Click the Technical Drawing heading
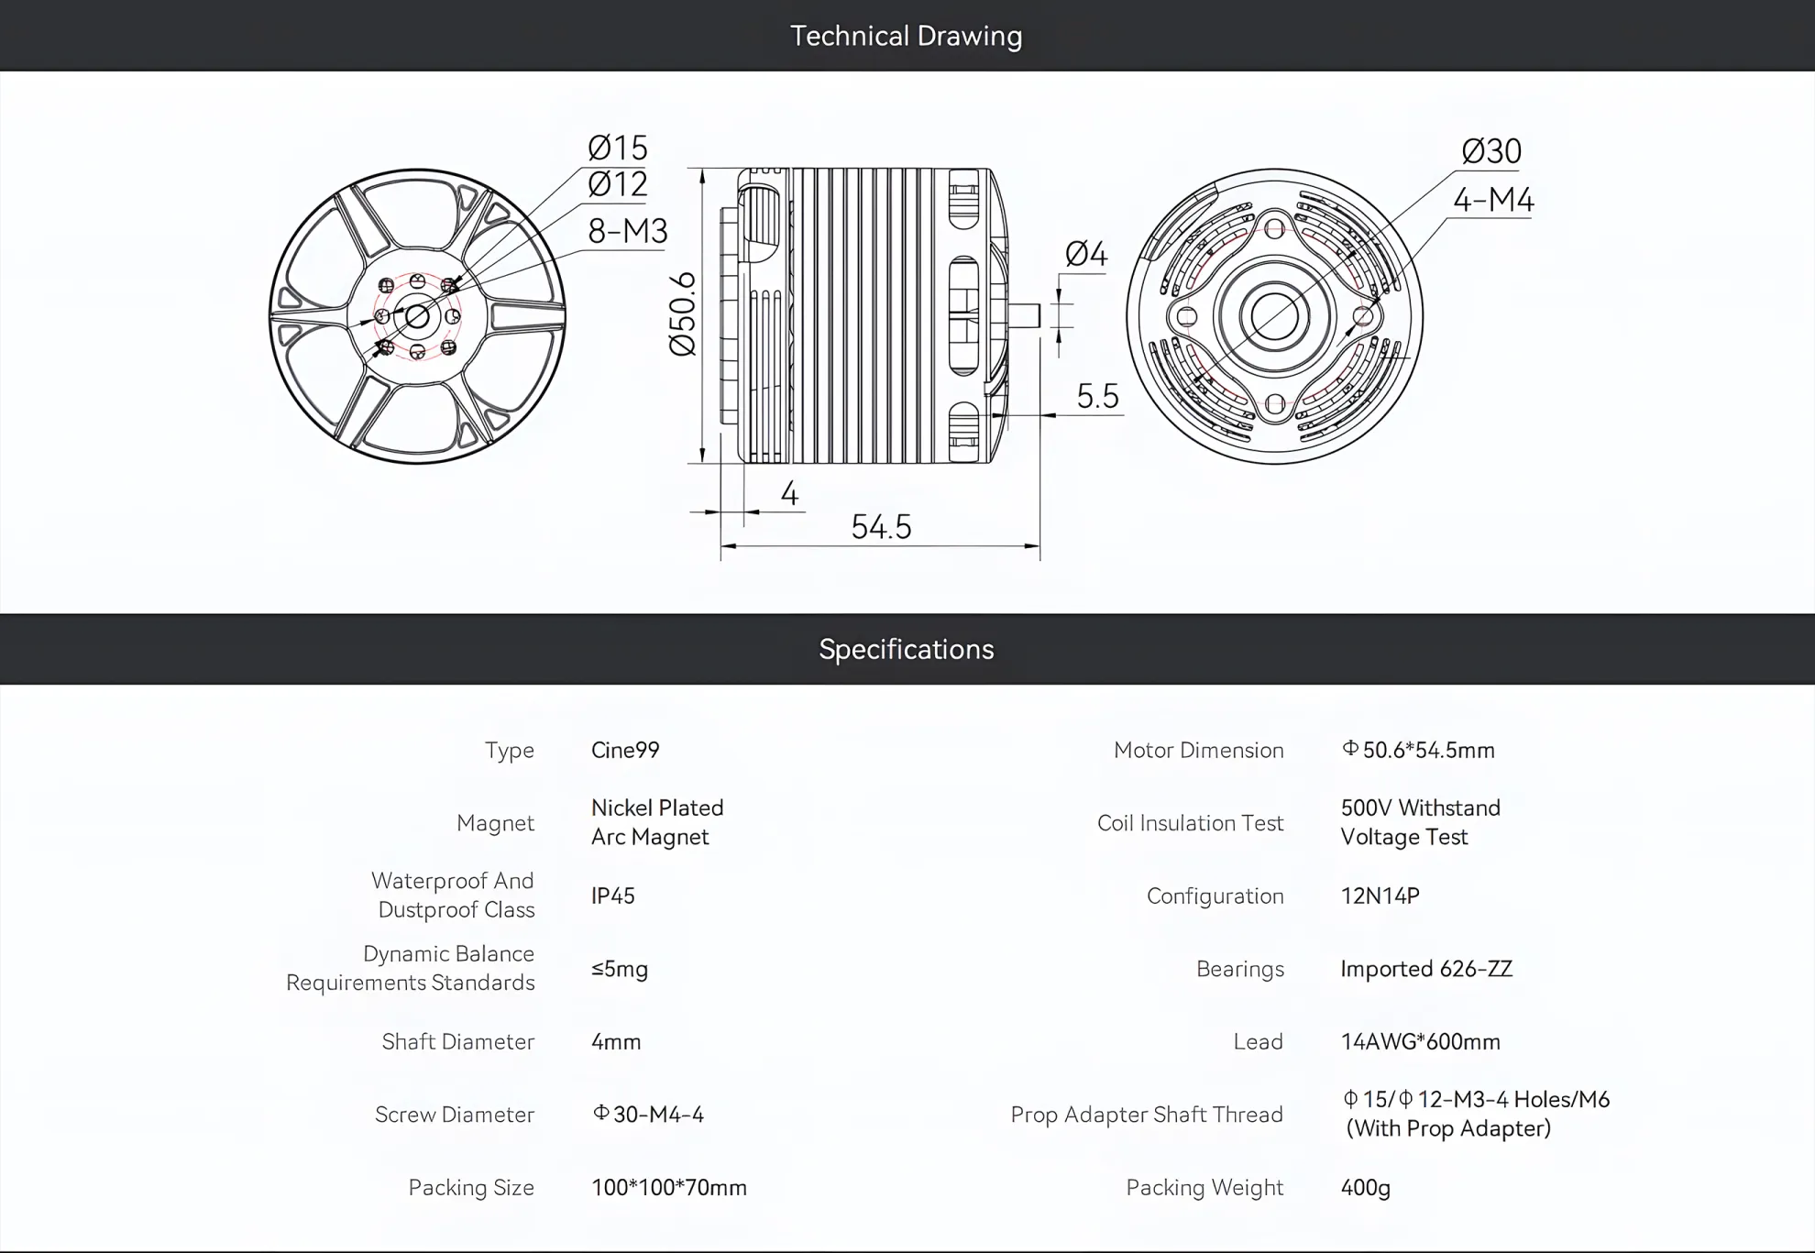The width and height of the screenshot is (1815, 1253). pyautogui.click(x=906, y=36)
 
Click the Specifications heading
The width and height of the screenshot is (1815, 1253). pyautogui.click(x=906, y=649)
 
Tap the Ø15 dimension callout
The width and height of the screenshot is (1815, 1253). pyautogui.click(x=618, y=148)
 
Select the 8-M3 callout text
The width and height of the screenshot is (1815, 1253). pyautogui.click(x=628, y=231)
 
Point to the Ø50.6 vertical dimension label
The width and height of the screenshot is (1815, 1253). pyautogui.click(x=683, y=314)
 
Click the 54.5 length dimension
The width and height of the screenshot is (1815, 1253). pyautogui.click(x=881, y=527)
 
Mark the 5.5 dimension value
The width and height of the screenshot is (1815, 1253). pyautogui.click(x=1097, y=396)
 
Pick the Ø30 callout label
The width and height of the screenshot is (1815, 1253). pyautogui.click(x=1491, y=151)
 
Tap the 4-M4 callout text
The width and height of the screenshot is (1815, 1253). pyautogui.click(x=1493, y=200)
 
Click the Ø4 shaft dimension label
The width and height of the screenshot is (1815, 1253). pyautogui.click(x=1086, y=254)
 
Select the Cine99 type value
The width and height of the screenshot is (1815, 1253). pyautogui.click(x=625, y=750)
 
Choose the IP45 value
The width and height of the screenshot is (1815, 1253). pyautogui.click(x=613, y=896)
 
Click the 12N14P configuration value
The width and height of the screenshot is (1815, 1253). pyautogui.click(x=1380, y=896)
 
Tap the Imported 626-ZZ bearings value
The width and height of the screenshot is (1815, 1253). pyautogui.click(x=1426, y=969)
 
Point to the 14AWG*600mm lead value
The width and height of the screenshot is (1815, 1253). pyautogui.click(x=1421, y=1041)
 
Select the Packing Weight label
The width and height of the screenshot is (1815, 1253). pyautogui.click(x=1204, y=1188)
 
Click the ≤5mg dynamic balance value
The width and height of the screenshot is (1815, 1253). pyautogui.click(x=620, y=969)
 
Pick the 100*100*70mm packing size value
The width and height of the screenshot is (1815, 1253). pyautogui.click(x=669, y=1188)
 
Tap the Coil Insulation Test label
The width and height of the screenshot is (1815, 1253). pyautogui.click(x=1190, y=823)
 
